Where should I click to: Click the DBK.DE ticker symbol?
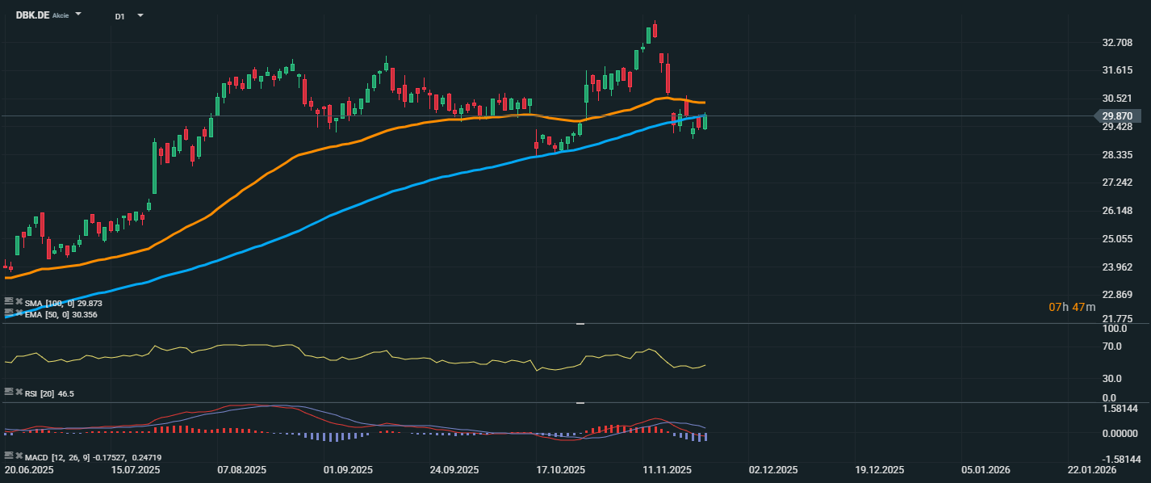point(31,15)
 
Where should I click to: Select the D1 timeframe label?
point(119,16)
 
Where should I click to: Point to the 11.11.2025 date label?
point(667,469)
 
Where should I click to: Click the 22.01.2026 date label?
point(1092,469)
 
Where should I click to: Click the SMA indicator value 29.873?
point(90,303)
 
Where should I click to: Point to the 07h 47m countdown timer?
point(1072,307)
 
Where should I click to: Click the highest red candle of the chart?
point(655,30)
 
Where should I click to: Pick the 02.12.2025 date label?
point(774,469)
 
